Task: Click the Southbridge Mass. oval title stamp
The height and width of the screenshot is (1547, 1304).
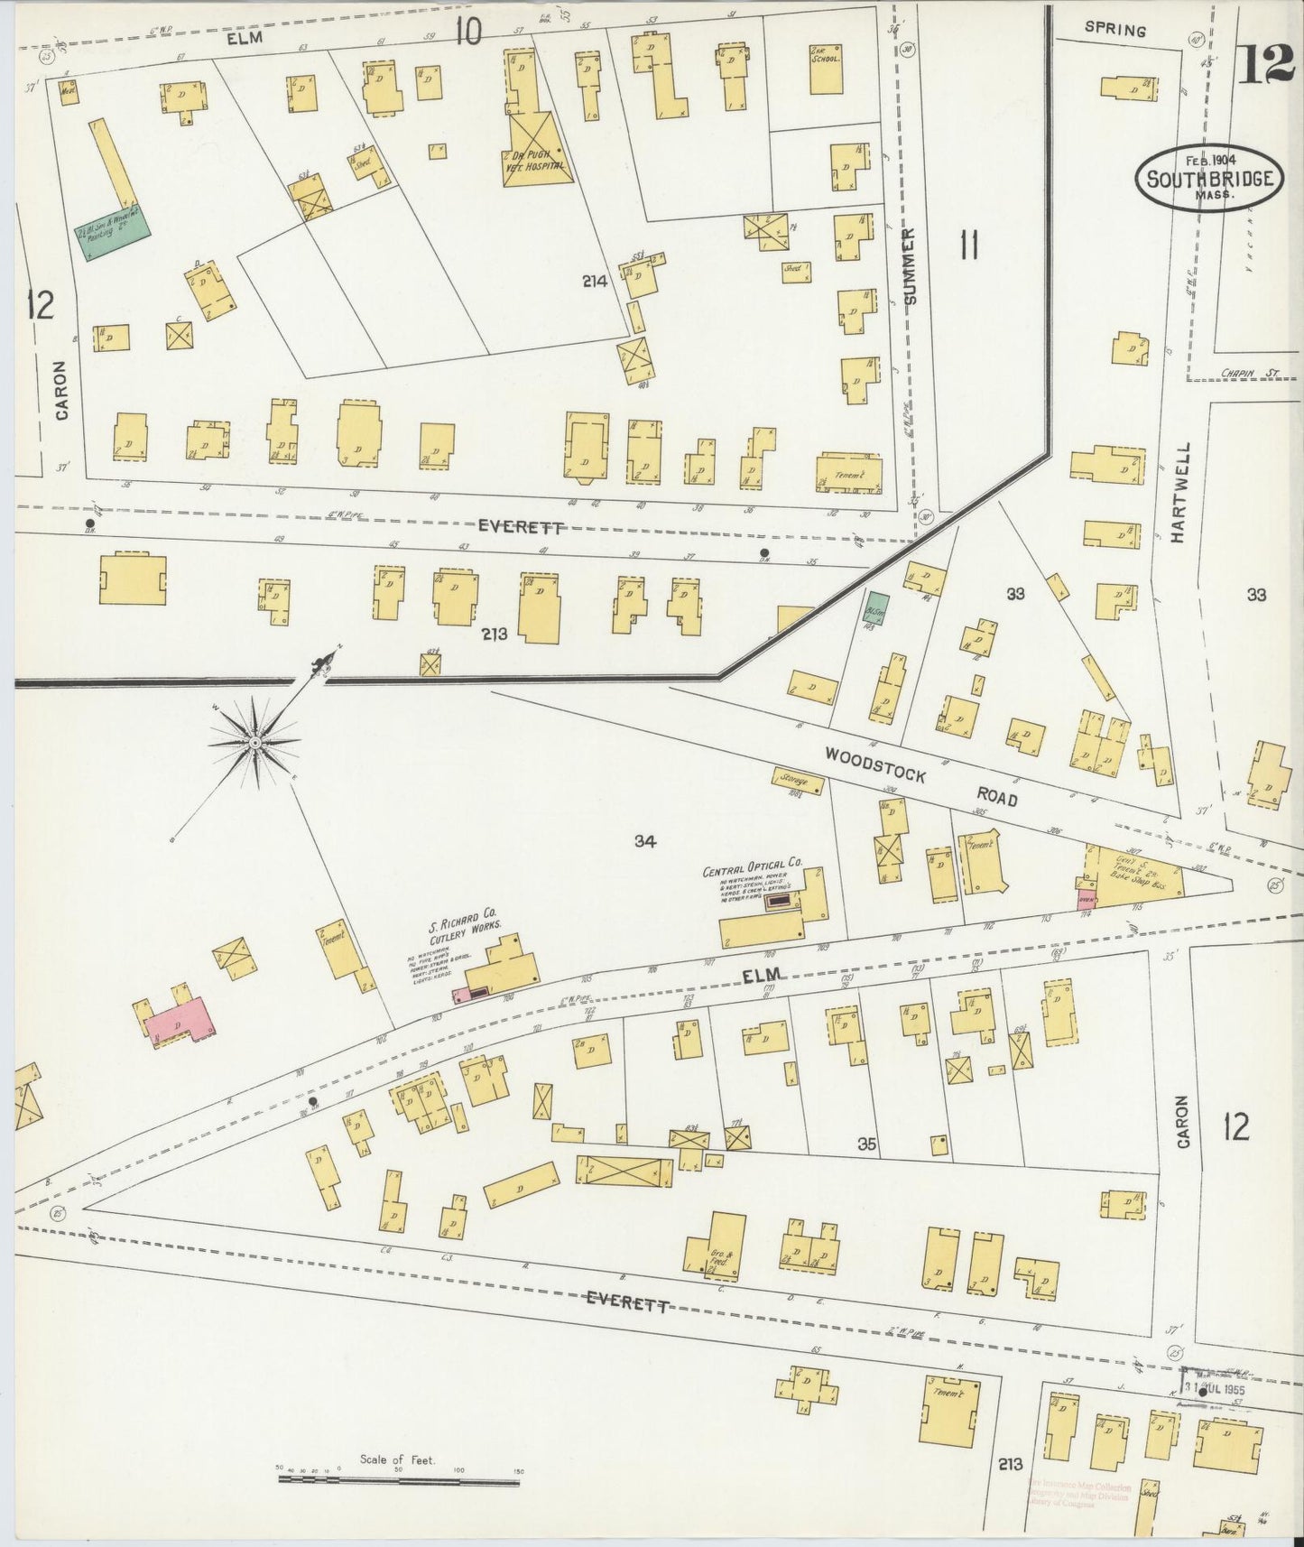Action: click(1209, 179)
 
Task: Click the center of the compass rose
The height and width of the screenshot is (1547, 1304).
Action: click(255, 742)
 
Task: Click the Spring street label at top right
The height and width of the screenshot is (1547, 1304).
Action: click(1114, 30)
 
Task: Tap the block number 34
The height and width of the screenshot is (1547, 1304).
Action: click(643, 841)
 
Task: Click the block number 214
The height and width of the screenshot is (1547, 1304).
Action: click(595, 282)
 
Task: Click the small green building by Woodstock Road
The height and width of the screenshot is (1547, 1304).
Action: click(876, 609)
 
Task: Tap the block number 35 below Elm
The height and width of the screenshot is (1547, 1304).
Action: click(867, 1144)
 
